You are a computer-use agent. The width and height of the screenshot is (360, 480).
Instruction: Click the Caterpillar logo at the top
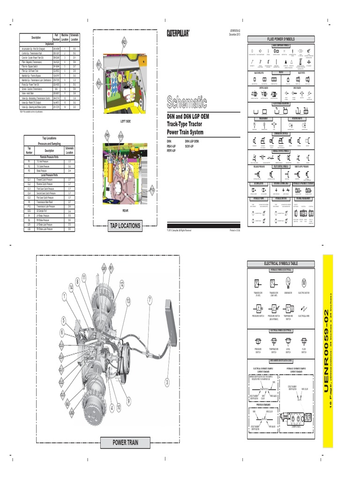[x=178, y=33]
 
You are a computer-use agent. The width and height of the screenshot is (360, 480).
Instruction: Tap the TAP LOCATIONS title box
[x=125, y=225]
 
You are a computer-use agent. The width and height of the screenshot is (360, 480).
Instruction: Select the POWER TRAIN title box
[x=125, y=442]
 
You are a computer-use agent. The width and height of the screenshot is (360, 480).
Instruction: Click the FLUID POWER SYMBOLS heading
[x=281, y=39]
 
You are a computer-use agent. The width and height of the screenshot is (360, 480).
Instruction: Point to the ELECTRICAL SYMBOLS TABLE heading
[x=281, y=264]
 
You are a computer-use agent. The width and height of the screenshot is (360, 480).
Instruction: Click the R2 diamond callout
[x=124, y=42]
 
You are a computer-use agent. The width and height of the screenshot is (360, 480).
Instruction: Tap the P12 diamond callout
[x=152, y=190]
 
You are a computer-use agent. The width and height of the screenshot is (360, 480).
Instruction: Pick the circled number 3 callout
[x=166, y=382]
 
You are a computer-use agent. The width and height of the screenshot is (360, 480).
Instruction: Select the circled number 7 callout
[x=150, y=299]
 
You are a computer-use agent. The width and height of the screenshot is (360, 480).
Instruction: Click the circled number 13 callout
[x=128, y=300]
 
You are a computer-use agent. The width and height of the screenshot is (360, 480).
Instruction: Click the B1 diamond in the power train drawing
[x=111, y=268]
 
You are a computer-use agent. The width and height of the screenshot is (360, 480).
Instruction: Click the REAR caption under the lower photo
[x=125, y=211]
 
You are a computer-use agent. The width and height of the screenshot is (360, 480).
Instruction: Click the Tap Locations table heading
[x=49, y=138]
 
